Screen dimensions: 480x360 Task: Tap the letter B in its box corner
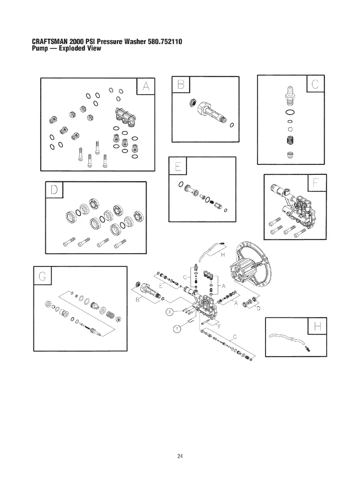pos(182,84)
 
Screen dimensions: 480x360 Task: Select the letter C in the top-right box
pos(316,85)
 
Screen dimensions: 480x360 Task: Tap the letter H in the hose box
pos(317,327)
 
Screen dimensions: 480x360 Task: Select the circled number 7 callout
pos(178,328)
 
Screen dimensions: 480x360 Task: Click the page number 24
pos(180,456)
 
